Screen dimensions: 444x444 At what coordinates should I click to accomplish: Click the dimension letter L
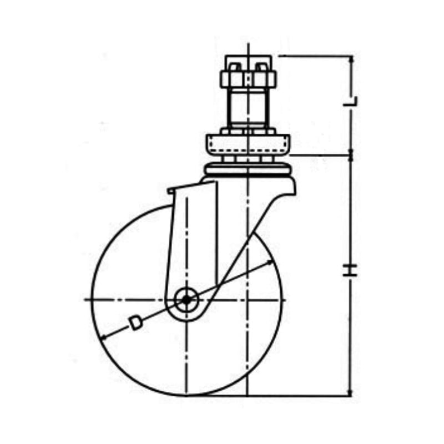[351, 101]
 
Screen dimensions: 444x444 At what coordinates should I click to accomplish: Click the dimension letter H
[350, 270]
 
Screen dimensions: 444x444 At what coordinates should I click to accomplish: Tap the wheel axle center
[186, 300]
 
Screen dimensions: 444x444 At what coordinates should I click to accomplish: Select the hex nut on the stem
[249, 79]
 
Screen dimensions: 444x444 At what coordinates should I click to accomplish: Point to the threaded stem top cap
[248, 63]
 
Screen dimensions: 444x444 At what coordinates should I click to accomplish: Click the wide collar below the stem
[248, 145]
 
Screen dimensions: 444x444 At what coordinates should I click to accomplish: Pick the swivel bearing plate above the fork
[248, 170]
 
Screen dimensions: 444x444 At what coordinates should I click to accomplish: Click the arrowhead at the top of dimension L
[351, 58]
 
